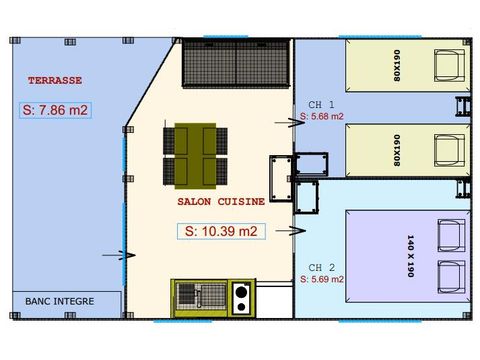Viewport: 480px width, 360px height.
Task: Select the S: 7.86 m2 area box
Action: point(56,110)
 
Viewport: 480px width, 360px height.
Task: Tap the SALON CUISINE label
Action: point(220,201)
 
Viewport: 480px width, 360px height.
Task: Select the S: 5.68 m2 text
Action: point(322,117)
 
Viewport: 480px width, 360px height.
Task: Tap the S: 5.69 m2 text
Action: point(322,279)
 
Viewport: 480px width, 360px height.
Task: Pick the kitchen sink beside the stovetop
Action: point(199,296)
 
